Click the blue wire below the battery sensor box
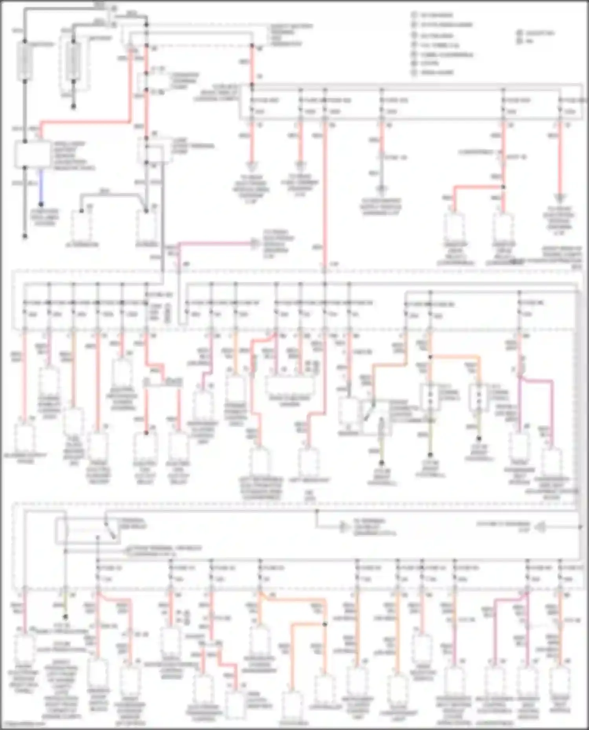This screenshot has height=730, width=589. (41, 186)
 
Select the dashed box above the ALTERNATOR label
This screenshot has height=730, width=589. (82, 226)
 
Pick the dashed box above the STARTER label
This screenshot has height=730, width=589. (146, 226)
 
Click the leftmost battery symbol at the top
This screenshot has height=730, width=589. (24, 61)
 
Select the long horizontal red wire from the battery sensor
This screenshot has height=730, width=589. (84, 122)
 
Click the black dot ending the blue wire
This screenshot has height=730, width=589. (41, 204)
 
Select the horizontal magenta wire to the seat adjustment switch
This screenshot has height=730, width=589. (536, 380)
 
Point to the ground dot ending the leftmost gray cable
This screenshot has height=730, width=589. (24, 236)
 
